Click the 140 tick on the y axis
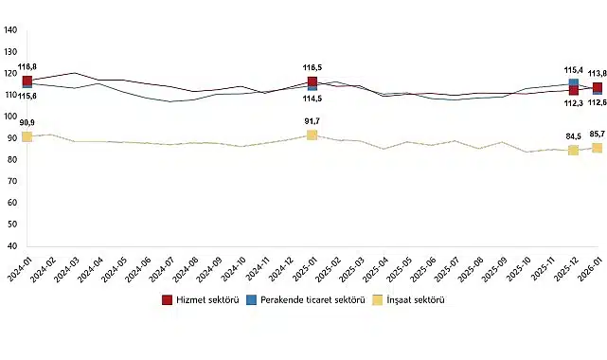coord(10,29)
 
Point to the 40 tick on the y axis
coord(12,246)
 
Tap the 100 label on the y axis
coord(10,117)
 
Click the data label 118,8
coord(28,67)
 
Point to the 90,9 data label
coord(27,123)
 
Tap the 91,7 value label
coord(312,121)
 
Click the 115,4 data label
coord(574,70)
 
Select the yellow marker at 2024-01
coord(27,136)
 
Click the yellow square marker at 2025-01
coord(312,135)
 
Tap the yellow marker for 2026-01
coord(597,147)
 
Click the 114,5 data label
coord(312,99)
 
